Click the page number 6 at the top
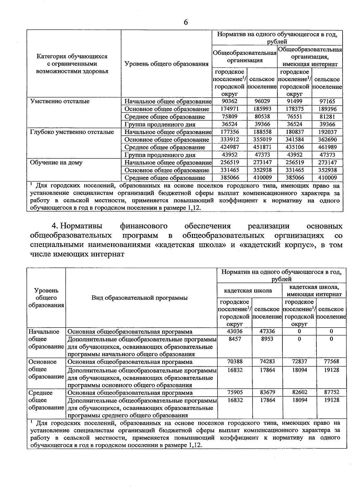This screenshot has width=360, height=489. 186,22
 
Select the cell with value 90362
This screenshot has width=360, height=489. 229,101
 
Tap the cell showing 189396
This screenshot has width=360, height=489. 327,109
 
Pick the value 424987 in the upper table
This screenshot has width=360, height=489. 229,147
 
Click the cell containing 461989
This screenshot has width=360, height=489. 327,147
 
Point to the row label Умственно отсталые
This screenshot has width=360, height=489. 60,101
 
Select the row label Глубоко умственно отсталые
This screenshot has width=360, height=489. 72,132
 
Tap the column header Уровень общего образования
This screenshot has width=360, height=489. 166,64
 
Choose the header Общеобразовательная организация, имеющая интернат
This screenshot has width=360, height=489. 310,57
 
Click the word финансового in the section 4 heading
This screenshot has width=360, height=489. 143,226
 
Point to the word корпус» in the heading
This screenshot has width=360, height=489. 303,245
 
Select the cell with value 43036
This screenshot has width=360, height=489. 235,331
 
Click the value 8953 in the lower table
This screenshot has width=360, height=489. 267,339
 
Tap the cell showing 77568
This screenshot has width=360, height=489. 331,361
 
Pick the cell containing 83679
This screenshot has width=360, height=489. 267,392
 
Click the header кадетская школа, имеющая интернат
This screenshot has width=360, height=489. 314,291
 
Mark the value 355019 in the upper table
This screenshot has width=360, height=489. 262,139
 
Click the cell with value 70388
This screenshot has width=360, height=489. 235,361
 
